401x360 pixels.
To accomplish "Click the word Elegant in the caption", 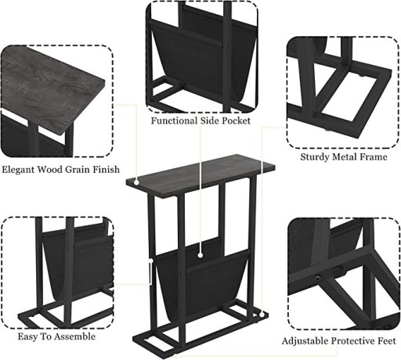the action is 19,170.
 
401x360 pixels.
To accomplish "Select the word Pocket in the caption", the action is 236,121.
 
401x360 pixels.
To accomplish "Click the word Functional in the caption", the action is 175,121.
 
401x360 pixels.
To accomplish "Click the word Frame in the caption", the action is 374,157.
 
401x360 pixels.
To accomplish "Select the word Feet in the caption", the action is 387,341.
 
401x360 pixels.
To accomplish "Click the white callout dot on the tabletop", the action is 136,182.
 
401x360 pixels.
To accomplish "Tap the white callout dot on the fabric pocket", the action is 200,255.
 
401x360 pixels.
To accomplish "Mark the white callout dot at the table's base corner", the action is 262,314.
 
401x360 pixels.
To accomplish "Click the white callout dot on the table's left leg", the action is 150,260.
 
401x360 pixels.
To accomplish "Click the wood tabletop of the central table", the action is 200,175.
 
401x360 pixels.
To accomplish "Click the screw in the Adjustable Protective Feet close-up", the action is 317,278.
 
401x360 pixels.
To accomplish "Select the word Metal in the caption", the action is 344,157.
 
